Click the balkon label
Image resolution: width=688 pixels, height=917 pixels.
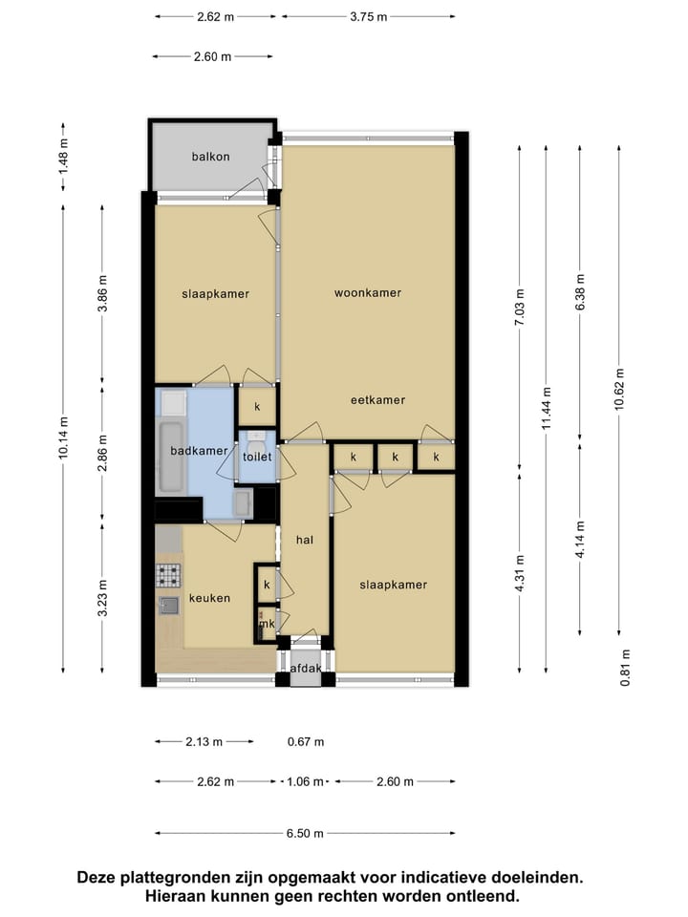[210, 157]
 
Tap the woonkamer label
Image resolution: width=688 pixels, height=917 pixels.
[367, 292]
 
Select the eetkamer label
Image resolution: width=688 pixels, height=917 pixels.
[377, 400]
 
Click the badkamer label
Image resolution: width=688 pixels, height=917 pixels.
[199, 451]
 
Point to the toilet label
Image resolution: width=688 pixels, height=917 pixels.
[256, 458]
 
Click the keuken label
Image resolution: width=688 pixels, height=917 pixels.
[208, 598]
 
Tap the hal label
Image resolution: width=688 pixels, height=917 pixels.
[305, 540]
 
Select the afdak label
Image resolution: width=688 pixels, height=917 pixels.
[306, 669]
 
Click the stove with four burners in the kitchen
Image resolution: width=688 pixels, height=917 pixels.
[168, 575]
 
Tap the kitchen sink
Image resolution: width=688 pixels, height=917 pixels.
[168, 604]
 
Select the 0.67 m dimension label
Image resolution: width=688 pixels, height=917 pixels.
[306, 741]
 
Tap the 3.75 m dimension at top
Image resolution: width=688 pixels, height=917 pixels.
[369, 16]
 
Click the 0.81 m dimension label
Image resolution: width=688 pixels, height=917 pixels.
[625, 668]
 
